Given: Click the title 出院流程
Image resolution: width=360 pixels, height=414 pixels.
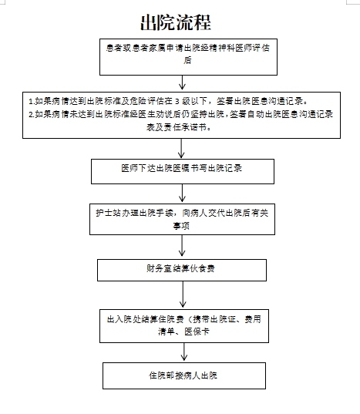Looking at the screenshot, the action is (176, 22).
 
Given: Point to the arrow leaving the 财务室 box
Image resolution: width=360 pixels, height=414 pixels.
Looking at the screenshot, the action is (183, 295).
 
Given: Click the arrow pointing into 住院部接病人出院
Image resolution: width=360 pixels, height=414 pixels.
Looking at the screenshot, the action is (184, 352).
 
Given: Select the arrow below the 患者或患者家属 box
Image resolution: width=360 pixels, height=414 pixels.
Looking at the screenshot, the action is (182, 82).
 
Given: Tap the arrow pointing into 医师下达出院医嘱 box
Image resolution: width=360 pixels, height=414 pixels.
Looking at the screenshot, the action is (181, 148).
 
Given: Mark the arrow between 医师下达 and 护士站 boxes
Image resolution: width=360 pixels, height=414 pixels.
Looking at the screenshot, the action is (182, 193).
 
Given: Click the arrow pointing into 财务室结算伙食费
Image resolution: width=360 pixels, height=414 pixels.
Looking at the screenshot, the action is (182, 246).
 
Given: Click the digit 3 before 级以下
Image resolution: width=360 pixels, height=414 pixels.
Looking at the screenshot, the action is (177, 102).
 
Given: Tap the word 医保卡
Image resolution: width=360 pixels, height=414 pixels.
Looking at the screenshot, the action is (197, 332).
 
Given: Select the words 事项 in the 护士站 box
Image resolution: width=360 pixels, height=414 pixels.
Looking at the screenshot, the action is (181, 226).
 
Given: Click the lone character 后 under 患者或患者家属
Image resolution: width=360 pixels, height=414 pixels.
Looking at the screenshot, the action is (187, 60).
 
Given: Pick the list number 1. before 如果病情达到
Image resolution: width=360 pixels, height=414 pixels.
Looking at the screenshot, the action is (32, 102).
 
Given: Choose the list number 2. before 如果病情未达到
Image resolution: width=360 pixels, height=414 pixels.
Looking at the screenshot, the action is (32, 115).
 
